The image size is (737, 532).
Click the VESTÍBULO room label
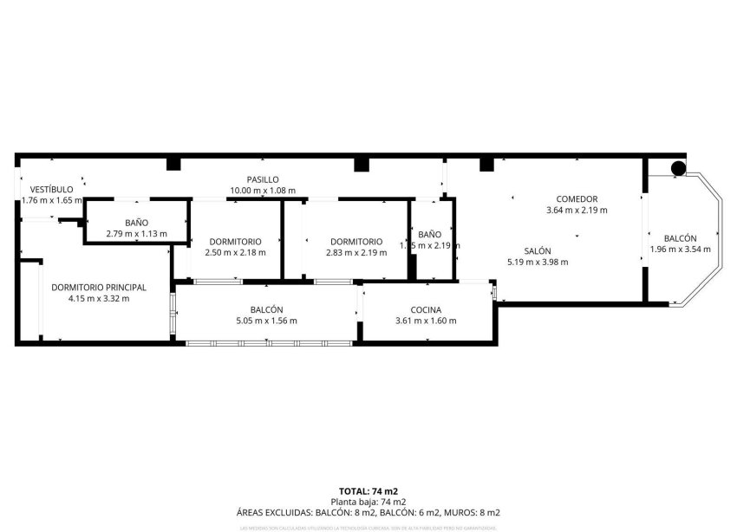(x=51, y=189)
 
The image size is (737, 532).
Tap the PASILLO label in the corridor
(x=262, y=179)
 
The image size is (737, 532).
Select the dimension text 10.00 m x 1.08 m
(x=262, y=191)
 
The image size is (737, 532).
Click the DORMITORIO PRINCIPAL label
(x=98, y=288)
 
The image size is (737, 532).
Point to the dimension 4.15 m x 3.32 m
(x=98, y=299)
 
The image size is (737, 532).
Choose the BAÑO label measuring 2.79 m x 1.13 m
(x=136, y=223)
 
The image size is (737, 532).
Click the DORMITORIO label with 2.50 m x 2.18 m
(x=235, y=242)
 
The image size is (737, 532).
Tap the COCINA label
(x=426, y=310)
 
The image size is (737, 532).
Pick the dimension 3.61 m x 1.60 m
(x=426, y=321)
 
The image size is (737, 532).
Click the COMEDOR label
(x=577, y=199)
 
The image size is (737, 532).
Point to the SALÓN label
(x=538, y=250)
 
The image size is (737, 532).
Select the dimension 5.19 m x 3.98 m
(x=538, y=262)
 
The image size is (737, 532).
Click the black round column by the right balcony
(x=679, y=168)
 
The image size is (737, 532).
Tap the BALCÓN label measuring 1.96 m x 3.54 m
(x=680, y=238)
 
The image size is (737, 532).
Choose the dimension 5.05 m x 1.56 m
(x=267, y=321)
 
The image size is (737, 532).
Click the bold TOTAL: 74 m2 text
(x=368, y=491)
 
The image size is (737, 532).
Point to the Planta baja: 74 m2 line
(x=368, y=502)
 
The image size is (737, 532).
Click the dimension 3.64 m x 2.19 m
(x=577, y=211)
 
